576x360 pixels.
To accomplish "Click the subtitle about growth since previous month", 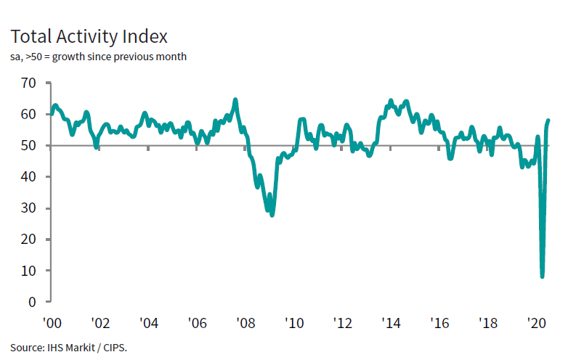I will [x=99, y=57].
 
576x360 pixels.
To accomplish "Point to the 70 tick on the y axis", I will [x=28, y=83].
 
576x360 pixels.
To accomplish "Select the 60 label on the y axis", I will [x=28, y=114].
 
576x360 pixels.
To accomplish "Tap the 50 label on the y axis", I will [x=28, y=145].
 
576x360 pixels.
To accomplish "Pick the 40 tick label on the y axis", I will [x=28, y=176].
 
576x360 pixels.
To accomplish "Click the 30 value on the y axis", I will [x=28, y=208].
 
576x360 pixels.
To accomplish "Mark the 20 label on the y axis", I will [x=28, y=240].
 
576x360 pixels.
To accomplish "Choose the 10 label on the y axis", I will [x=28, y=271].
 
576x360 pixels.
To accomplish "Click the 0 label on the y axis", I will [x=32, y=302].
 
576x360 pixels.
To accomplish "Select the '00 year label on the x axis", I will [x=51, y=322].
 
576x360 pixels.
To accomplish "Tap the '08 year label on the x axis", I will [x=245, y=322].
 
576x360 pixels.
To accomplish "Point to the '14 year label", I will [x=391, y=322].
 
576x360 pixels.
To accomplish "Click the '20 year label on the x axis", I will [x=536, y=322].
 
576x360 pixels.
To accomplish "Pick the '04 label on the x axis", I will [x=148, y=322].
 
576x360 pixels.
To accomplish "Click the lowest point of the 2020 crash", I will [x=542, y=277].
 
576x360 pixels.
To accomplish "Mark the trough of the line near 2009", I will [x=272, y=215].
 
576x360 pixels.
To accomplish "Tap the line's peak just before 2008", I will [x=235, y=99].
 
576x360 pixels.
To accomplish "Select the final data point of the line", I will [x=548, y=120].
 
